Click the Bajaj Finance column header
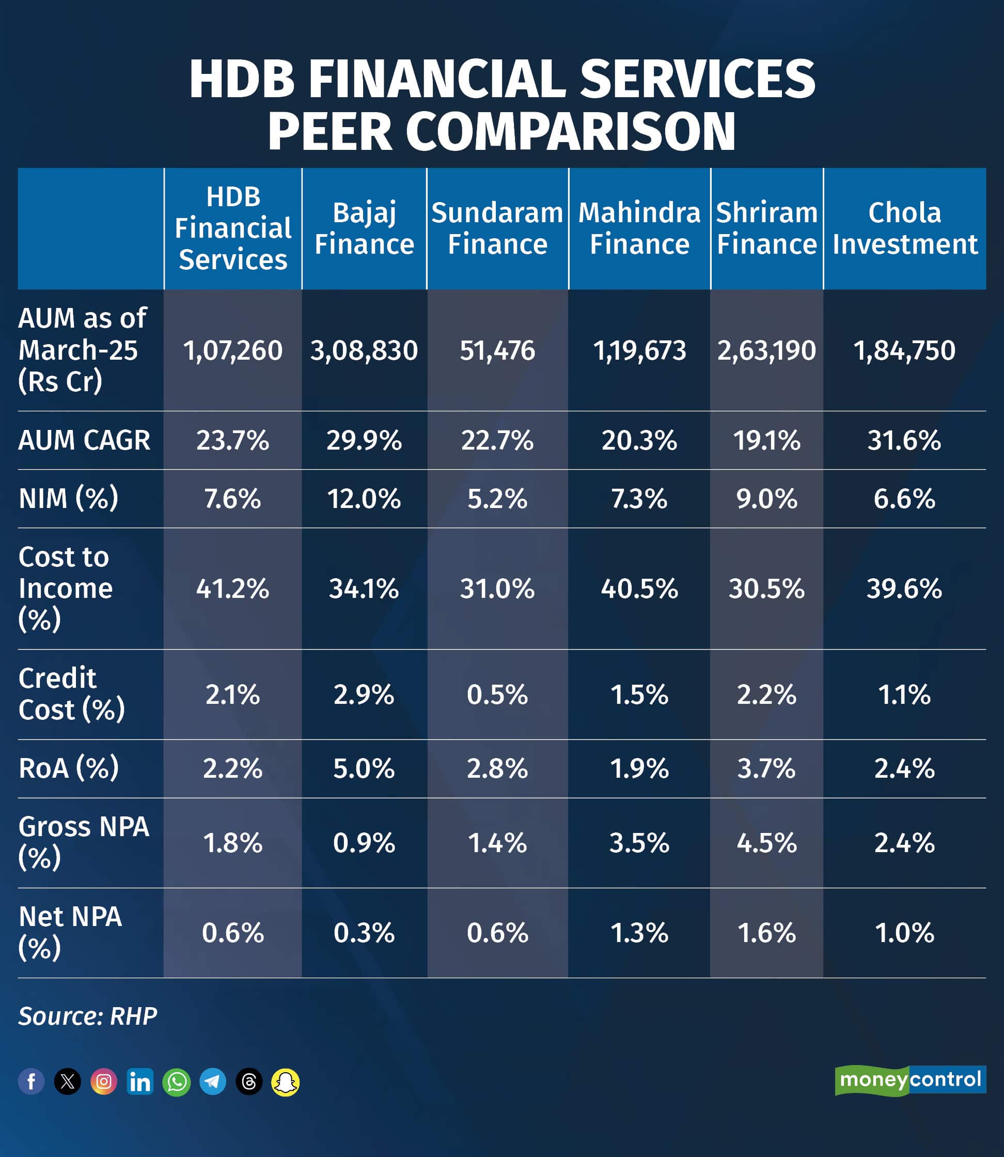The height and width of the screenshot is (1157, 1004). tap(364, 228)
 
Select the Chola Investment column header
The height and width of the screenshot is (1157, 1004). tap(904, 228)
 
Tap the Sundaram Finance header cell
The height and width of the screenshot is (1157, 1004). tap(497, 228)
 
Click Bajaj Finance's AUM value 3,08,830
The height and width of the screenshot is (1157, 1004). tap(364, 350)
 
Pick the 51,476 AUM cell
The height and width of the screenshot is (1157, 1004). tap(497, 350)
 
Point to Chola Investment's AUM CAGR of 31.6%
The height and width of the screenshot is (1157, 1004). tap(904, 440)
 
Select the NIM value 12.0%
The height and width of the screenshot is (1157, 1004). tap(364, 498)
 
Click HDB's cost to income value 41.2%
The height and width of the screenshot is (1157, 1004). tap(232, 589)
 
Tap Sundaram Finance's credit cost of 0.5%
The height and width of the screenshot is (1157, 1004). tap(497, 695)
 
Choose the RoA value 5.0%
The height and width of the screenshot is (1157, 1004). tap(364, 768)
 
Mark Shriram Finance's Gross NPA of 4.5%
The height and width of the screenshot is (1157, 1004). tap(766, 842)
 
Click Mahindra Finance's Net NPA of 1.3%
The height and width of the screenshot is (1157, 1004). tap(639, 933)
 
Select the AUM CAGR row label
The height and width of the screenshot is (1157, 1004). tap(84, 440)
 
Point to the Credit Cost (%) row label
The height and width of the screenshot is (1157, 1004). tap(71, 694)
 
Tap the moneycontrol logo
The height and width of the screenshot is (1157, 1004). tap(910, 1079)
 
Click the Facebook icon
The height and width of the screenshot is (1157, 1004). tap(32, 1082)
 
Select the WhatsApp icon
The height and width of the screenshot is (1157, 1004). tap(177, 1082)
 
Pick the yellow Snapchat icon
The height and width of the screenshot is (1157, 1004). tap(285, 1082)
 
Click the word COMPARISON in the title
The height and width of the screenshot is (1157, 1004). tap(570, 132)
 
